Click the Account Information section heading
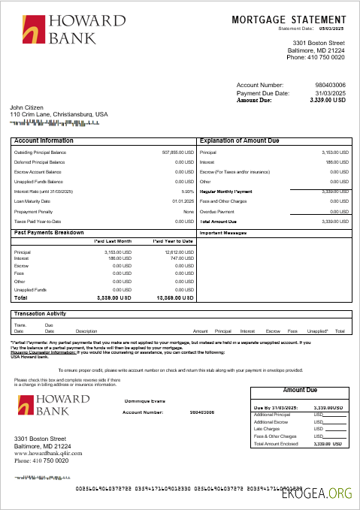[x=44, y=140]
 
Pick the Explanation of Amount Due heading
[x=239, y=140]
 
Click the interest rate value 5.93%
[x=188, y=192]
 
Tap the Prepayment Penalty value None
[x=189, y=211]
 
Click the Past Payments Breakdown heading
[x=49, y=233]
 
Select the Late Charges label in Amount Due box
[x=267, y=429]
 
